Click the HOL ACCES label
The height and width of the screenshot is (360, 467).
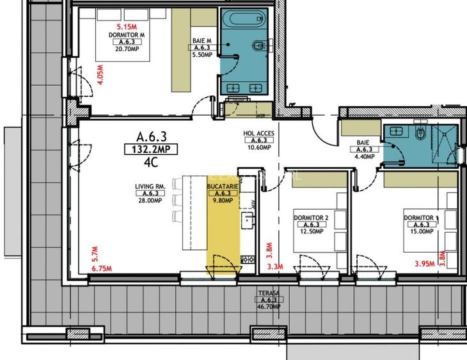tap(258, 134)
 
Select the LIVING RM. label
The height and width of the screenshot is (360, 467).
tap(150, 187)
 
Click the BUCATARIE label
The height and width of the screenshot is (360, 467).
tap(223, 187)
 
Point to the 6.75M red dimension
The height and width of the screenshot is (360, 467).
tap(102, 269)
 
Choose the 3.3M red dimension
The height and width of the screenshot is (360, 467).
tap(274, 266)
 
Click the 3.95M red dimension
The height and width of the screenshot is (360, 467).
tap(424, 263)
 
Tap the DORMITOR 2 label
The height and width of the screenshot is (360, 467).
tap(311, 218)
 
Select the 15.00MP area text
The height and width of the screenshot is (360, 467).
tap(420, 231)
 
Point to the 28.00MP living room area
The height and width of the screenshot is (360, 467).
tap(150, 200)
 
